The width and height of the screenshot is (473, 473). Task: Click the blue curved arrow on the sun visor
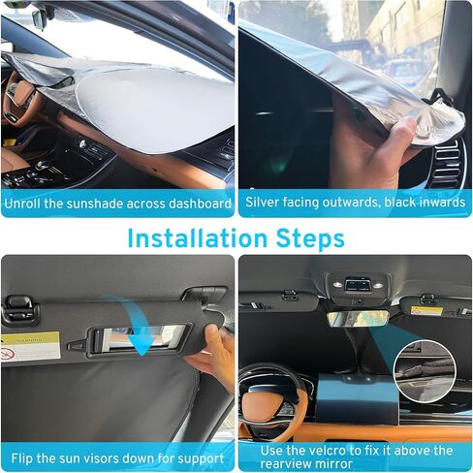click(x=136, y=325)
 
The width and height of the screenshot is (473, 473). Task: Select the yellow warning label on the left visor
click(x=29, y=345)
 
